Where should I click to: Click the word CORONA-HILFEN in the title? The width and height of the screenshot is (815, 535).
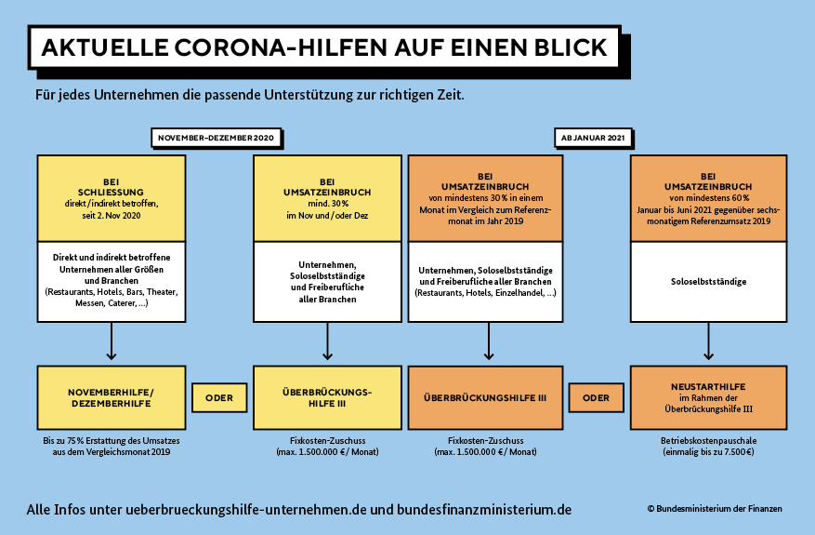[281, 47]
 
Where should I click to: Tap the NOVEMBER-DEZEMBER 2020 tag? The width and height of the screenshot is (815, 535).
[217, 138]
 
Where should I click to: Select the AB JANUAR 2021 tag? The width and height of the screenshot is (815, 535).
[593, 138]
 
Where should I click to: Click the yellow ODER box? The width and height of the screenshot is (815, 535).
[219, 398]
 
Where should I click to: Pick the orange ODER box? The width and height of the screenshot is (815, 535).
[597, 398]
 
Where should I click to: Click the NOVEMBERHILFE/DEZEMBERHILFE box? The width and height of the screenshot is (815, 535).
[112, 397]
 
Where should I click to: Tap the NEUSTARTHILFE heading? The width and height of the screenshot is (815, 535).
[708, 387]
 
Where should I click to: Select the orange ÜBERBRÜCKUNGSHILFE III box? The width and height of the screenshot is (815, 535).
[485, 397]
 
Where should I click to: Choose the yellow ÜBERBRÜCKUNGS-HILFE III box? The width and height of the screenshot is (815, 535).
[327, 397]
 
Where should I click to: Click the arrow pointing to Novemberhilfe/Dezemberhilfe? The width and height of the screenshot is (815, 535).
[112, 341]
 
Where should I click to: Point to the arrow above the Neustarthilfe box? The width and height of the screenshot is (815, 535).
[708, 341]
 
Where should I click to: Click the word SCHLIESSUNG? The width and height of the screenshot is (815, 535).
[111, 192]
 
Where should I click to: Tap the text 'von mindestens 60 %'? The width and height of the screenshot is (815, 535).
[709, 198]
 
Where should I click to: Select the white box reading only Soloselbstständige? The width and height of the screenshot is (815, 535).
[708, 282]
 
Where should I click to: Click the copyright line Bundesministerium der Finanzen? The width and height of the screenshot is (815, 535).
[715, 508]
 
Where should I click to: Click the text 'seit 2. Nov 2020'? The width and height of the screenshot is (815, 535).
[112, 216]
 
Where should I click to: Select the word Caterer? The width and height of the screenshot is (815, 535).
[122, 303]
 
